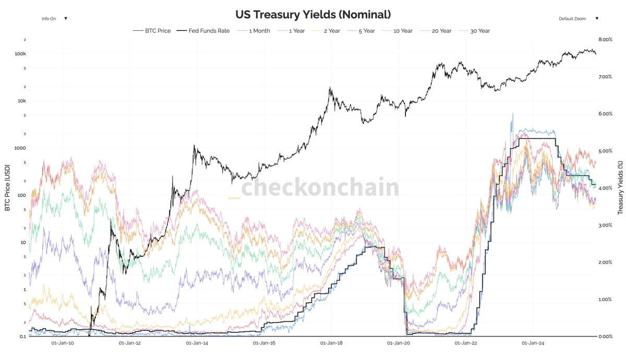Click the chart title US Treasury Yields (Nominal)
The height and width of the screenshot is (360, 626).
313,14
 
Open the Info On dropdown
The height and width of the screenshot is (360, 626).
54,18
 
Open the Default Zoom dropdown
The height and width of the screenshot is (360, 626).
578,18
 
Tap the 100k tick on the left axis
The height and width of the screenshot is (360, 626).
20,54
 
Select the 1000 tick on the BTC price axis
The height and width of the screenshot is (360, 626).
20,148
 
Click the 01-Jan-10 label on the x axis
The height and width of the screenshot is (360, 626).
63,343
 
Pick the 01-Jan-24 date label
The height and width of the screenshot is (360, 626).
533,343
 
